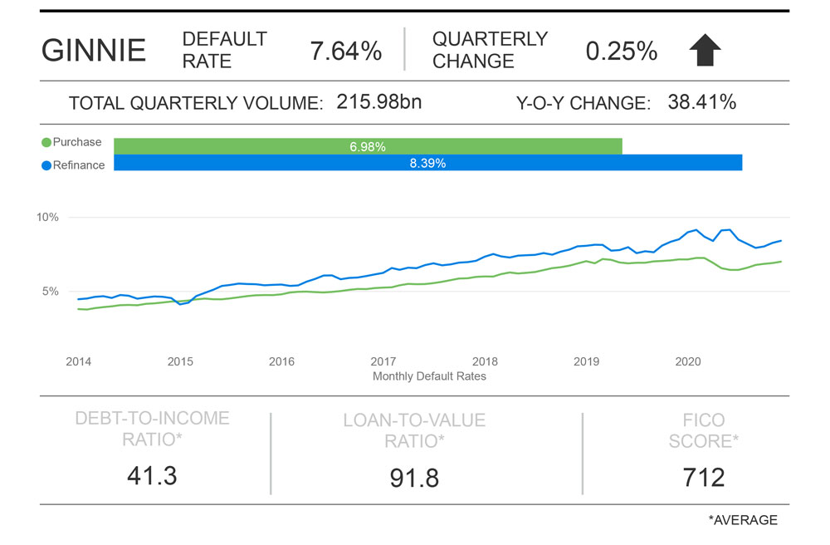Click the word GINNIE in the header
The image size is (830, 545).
pyautogui.click(x=94, y=51)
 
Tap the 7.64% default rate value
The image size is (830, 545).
pyautogui.click(x=345, y=51)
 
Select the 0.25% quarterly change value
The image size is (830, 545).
pyautogui.click(x=622, y=51)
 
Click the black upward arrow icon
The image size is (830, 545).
pyautogui.click(x=705, y=52)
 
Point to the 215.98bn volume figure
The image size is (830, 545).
pyautogui.click(x=379, y=102)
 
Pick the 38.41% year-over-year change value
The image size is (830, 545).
pyautogui.click(x=701, y=102)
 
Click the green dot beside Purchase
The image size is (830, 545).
pyautogui.click(x=46, y=143)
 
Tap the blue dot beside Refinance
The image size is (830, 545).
pyautogui.click(x=46, y=165)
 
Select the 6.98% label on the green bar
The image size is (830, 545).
pyautogui.click(x=368, y=147)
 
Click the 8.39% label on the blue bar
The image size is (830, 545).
pyautogui.click(x=427, y=164)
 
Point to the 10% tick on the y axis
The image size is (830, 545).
pyautogui.click(x=47, y=218)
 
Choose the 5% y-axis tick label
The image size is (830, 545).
pyautogui.click(x=50, y=292)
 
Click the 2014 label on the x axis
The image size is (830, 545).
pyautogui.click(x=78, y=361)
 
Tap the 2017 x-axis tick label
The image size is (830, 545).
pyautogui.click(x=383, y=361)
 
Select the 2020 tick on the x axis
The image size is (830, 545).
pyautogui.click(x=688, y=361)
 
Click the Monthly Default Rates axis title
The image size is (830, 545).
pyautogui.click(x=429, y=376)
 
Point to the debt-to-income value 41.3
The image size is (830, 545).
pyautogui.click(x=152, y=475)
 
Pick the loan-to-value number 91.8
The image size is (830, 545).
pyautogui.click(x=414, y=478)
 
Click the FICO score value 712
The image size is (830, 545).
pyautogui.click(x=704, y=477)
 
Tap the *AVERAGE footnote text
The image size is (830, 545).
pyautogui.click(x=743, y=520)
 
